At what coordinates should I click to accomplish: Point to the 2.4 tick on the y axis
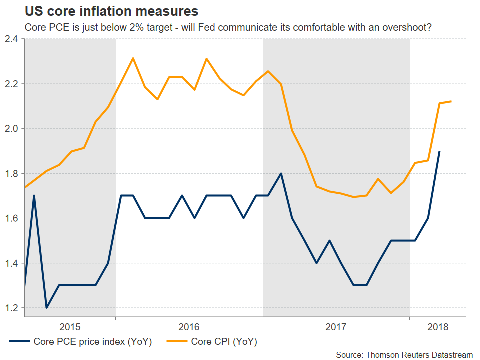pyautogui.click(x=12, y=39)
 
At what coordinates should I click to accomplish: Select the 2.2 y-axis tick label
pyautogui.click(x=12, y=84)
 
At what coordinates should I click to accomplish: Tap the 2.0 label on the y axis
pyautogui.click(x=12, y=129)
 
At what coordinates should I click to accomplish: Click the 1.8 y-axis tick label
pyautogui.click(x=12, y=174)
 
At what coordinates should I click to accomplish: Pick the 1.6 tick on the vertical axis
pyautogui.click(x=12, y=218)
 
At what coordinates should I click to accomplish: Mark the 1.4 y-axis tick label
pyautogui.click(x=12, y=263)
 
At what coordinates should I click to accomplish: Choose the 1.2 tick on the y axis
pyautogui.click(x=12, y=308)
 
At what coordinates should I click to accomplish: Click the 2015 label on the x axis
pyautogui.click(x=70, y=327)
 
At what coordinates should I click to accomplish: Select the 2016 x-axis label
pyautogui.click(x=189, y=327)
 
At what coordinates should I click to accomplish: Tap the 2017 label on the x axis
pyautogui.click(x=336, y=327)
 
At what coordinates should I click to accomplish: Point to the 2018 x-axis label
pyautogui.click(x=437, y=327)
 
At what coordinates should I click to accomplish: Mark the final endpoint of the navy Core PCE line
pyautogui.click(x=440, y=151)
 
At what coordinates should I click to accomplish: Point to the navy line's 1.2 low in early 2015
pyautogui.click(x=46, y=308)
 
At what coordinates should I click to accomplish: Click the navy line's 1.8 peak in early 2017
pyautogui.click(x=281, y=173)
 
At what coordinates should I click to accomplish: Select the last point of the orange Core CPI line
pyautogui.click(x=452, y=101)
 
